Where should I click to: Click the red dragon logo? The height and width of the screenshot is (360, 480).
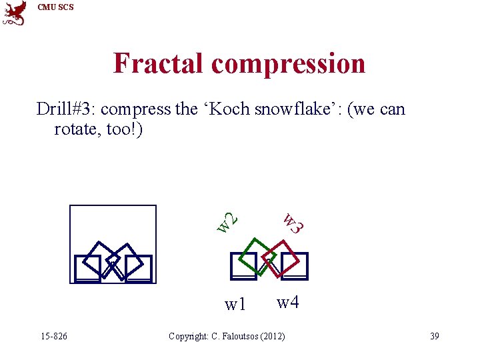point(15,13)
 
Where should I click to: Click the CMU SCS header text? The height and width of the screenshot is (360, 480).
point(56,7)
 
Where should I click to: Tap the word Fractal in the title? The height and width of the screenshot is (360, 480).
point(159,64)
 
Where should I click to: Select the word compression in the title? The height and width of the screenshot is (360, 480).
point(289,64)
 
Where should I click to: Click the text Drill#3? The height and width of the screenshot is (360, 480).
point(67,109)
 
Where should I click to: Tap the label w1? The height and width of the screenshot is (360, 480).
point(235,305)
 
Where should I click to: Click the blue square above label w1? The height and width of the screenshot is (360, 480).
point(243,265)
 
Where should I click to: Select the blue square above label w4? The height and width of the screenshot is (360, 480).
point(295,265)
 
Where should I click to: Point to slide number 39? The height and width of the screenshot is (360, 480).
point(434,336)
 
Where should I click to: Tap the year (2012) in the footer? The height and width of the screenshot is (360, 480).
point(272,336)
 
